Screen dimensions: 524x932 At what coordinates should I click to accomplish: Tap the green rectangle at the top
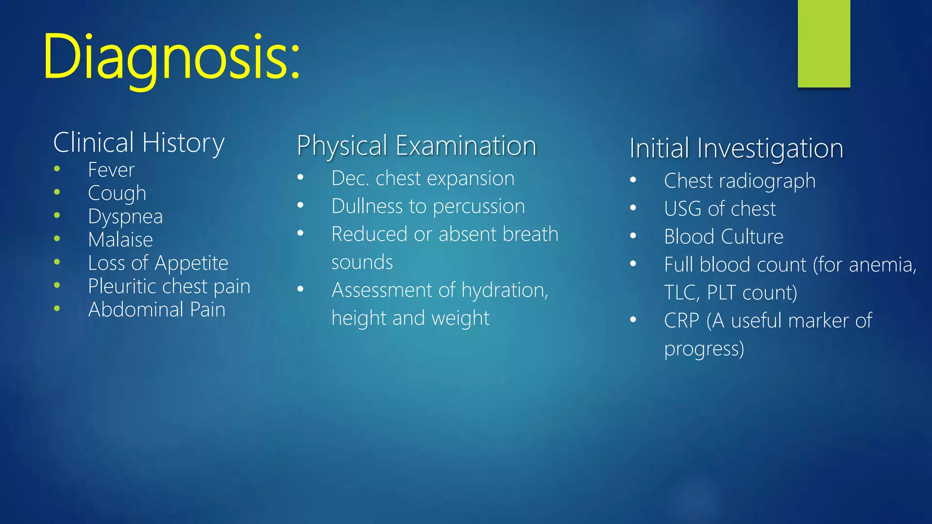[824, 43]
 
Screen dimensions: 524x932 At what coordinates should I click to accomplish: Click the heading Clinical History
[139, 143]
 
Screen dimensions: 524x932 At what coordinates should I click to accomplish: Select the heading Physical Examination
[416, 146]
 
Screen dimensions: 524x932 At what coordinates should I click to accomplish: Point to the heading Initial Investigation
[736, 148]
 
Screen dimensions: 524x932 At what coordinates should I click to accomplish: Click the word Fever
[111, 170]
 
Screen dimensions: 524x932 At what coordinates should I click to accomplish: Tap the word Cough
[117, 193]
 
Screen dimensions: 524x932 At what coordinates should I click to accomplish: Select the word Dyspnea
[125, 217]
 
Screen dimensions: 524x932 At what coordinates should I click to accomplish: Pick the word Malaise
[120, 240]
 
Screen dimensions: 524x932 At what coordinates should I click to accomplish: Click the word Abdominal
[136, 310]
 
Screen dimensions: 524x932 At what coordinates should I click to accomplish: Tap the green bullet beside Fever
[57, 169]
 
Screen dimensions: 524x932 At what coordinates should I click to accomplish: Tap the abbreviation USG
[683, 209]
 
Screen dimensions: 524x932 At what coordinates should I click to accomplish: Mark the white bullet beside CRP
[633, 320]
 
